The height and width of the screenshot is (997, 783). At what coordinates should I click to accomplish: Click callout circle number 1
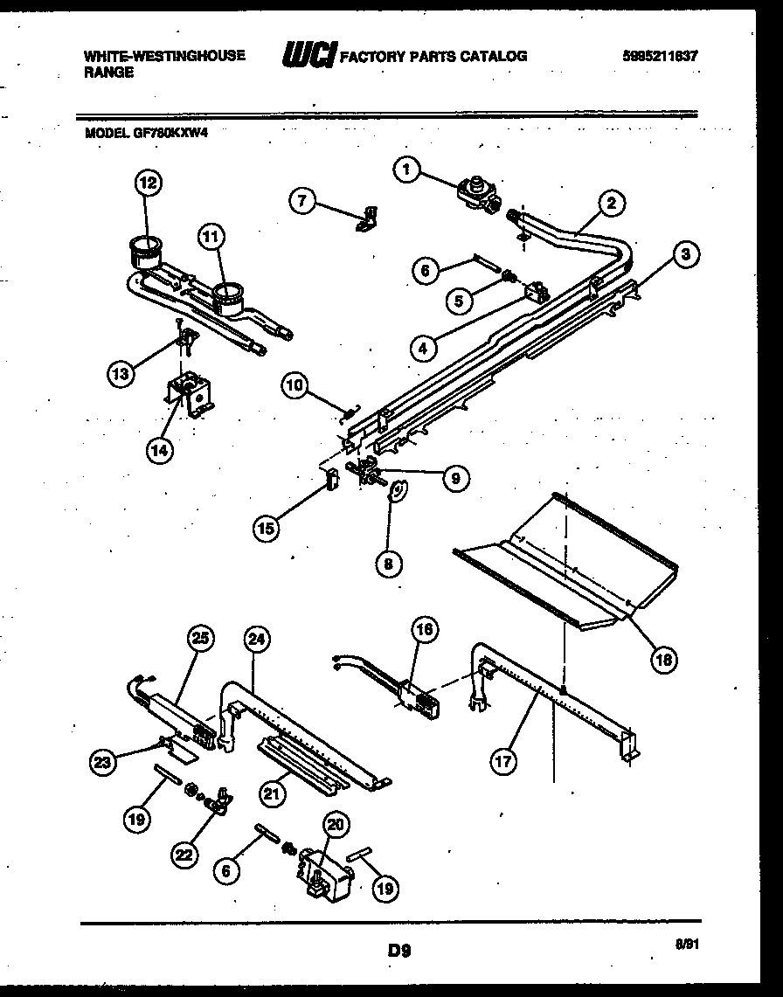(406, 170)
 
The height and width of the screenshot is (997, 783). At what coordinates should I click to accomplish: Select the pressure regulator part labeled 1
(476, 191)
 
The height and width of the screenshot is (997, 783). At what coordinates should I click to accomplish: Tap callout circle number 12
(149, 183)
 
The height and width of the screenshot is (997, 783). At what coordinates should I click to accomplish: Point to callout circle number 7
(302, 200)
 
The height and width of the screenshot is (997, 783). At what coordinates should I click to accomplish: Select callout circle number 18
(663, 660)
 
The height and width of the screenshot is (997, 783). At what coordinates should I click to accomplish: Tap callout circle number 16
(426, 629)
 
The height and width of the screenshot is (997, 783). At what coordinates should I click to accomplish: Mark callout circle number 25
(202, 638)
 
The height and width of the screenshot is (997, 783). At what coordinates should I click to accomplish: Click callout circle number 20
(335, 824)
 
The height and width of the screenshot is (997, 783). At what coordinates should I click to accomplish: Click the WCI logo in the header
(308, 55)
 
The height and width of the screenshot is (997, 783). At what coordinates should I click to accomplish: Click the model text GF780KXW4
(148, 133)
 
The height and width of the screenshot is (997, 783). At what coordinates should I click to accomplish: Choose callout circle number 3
(686, 255)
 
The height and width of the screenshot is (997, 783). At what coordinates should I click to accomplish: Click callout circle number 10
(296, 385)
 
